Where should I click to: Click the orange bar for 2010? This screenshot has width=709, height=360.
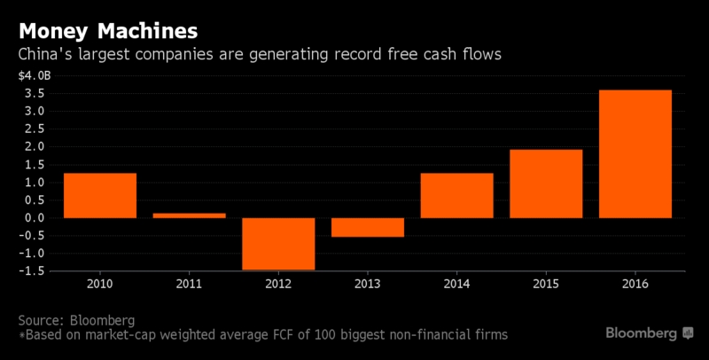click(x=100, y=195)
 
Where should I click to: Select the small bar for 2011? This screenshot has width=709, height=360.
click(x=189, y=215)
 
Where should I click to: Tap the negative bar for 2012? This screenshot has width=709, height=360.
click(x=278, y=244)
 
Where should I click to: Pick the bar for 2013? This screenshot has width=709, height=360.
click(x=368, y=228)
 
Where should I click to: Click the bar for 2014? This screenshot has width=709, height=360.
click(x=456, y=195)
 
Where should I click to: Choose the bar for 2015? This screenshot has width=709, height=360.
click(x=546, y=184)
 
